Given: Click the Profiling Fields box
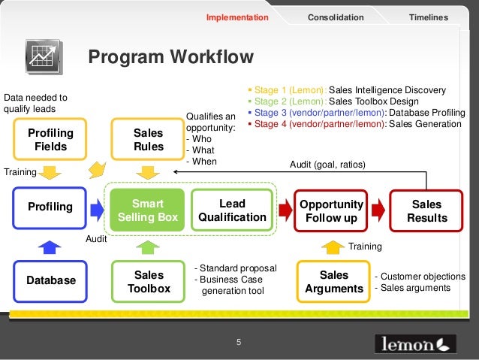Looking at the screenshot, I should coord(50,139).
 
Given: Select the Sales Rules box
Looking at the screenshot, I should coord(148,139).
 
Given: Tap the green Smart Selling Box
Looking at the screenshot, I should coord(148,210).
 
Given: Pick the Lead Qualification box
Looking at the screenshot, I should coord(232,210).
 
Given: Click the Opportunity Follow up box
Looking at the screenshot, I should coord(331,210).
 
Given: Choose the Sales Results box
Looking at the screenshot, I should coord(426,210).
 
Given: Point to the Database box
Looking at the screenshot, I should coord(51,280).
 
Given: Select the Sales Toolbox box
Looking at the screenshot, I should coord(148,281).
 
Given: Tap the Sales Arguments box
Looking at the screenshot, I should coord(334,281).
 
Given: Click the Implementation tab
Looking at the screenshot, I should coord(237,17).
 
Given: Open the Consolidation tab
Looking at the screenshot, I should coord(336,17).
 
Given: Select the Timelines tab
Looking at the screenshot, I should coord(428,17).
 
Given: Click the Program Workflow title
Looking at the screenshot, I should coord(171,58).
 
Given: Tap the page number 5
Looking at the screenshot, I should coord(239,343).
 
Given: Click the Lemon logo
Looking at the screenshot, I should coord(415,343).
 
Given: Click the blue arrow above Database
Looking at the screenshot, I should coord(49,246).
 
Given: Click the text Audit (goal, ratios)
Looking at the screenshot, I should coord(327,164).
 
